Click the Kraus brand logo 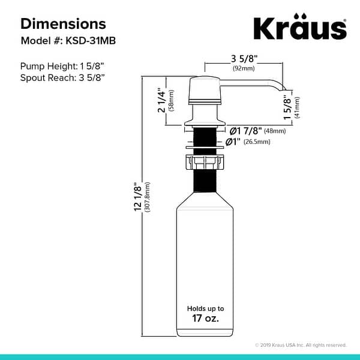coord(299,28)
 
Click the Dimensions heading coord(63,24)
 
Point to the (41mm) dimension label coord(298,108)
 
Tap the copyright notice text coord(301,345)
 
